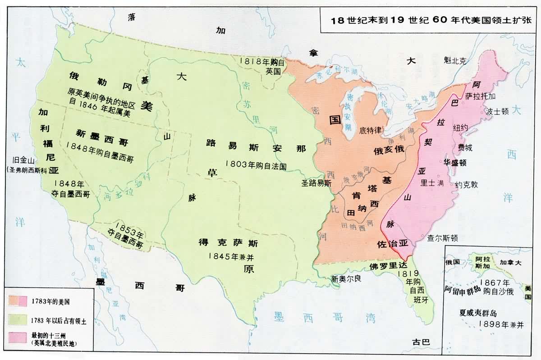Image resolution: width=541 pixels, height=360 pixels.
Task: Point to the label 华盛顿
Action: pyautogui.click(x=455, y=163)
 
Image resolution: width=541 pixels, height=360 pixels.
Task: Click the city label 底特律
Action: pyautogui.click(x=371, y=130)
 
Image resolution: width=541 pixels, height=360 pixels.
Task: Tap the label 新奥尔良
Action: pyautogui.click(x=346, y=278)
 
